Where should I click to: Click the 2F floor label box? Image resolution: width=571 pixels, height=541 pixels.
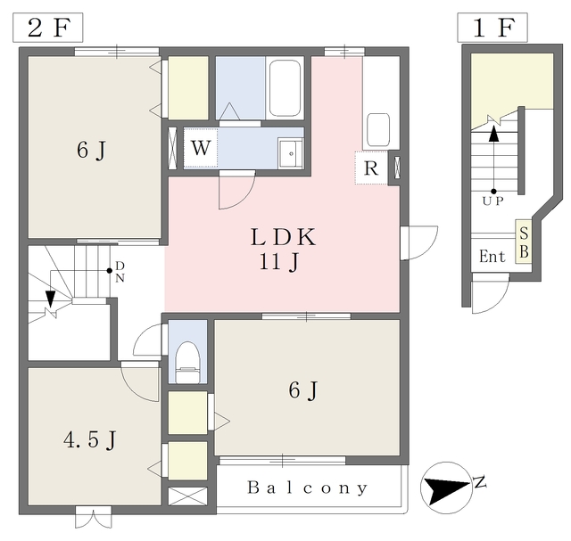(x=47, y=28)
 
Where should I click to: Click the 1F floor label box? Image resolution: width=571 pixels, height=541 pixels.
(x=492, y=28)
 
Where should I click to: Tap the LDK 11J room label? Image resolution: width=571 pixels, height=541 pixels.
(x=283, y=249)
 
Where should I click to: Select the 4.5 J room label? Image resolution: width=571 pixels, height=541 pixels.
(x=89, y=440)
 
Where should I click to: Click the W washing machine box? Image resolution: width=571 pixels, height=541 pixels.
(x=201, y=148)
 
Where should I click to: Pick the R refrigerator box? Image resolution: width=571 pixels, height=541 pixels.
(x=371, y=168)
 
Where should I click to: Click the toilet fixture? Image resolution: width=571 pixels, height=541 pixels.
(x=187, y=362)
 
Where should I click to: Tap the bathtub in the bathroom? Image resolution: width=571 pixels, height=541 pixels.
(x=285, y=87)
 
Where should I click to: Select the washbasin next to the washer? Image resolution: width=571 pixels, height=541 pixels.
(x=291, y=153)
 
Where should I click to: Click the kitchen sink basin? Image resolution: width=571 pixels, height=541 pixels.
(x=378, y=130)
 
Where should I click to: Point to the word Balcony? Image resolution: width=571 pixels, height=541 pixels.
(x=307, y=488)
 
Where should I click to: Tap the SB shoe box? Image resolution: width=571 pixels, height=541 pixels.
(x=524, y=242)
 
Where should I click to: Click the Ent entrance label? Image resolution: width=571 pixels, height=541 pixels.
(x=492, y=256)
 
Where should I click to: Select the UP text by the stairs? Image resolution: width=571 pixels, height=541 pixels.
(x=493, y=201)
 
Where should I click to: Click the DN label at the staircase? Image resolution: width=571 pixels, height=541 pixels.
(x=120, y=272)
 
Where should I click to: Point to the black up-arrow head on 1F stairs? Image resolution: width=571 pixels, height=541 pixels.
(x=493, y=134)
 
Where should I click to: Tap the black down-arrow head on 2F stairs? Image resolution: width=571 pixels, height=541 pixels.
(x=50, y=299)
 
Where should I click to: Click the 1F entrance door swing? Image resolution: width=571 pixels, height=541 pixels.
(x=490, y=293)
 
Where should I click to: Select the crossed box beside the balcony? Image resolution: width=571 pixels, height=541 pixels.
(x=187, y=496)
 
